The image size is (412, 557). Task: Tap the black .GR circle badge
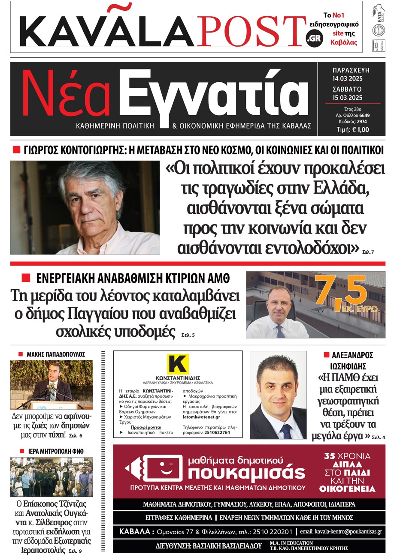pyautogui.click(x=314, y=38)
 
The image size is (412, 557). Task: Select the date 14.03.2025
pyautogui.click(x=347, y=78)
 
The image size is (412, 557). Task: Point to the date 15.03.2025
pyautogui.click(x=347, y=98)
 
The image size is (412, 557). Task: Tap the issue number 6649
pyautogui.click(x=364, y=115)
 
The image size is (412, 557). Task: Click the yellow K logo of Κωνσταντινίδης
pyautogui.click(x=178, y=364)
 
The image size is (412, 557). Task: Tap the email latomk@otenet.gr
pyautogui.click(x=201, y=417)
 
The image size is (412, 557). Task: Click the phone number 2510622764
pyautogui.click(x=217, y=432)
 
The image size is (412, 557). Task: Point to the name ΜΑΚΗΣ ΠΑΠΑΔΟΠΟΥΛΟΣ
pyautogui.click(x=56, y=354)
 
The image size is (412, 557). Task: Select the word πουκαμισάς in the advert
pyautogui.click(x=246, y=473)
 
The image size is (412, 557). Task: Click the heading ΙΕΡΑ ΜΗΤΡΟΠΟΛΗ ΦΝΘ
pyautogui.click(x=56, y=451)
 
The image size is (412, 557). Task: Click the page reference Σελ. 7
pyautogui.click(x=368, y=252)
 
